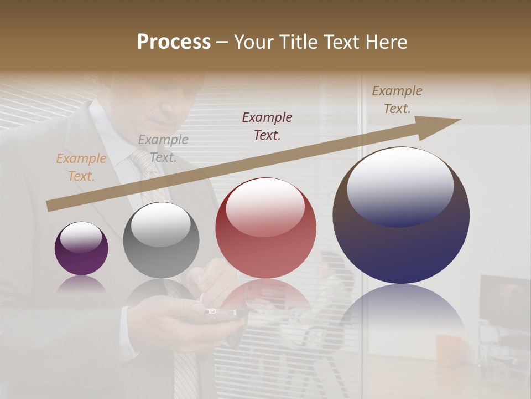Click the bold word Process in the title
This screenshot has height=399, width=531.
pos(174,42)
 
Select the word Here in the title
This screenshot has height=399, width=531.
pos(386,42)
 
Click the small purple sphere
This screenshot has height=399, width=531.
pos(81,249)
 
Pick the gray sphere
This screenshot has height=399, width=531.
pos(161,240)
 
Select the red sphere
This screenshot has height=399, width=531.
pos(265,228)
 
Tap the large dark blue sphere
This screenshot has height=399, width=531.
pos(401,215)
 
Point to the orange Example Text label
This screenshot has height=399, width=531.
pos(81,167)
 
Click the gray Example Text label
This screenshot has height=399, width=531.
pos(163,149)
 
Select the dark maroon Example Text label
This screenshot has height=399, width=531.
pos(267,126)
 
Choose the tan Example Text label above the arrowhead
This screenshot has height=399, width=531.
pos(397,100)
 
